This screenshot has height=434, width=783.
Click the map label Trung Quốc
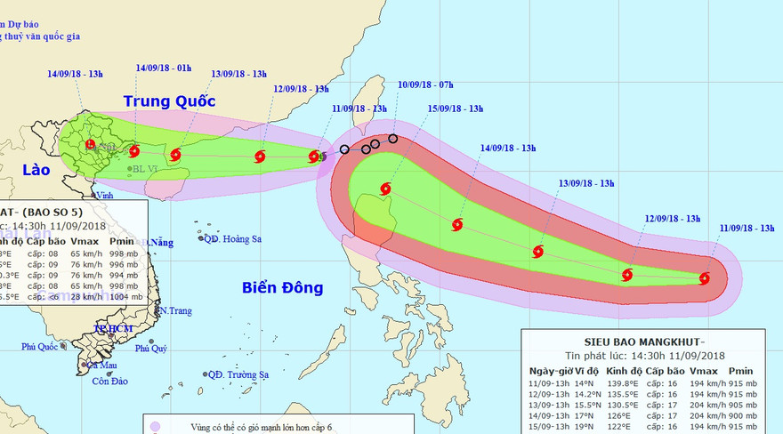pos(169,100)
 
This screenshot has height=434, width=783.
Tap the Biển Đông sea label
pos(281,287)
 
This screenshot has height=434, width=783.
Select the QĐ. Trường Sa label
pos(239,375)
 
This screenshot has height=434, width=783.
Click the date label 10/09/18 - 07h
pos(426,85)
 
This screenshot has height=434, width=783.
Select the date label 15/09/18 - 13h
pos(456,108)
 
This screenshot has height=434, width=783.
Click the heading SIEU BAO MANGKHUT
pos(643,342)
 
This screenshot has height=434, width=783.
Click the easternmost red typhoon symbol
pos(705,278)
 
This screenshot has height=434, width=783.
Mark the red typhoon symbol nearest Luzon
pos(385,189)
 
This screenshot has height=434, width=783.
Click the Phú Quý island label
pos(151,349)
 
